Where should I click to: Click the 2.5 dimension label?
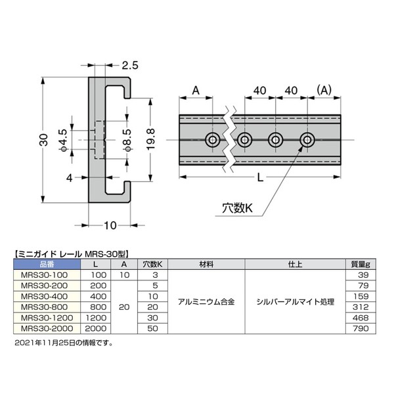pos(130,65)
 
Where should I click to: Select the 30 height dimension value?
pos(43,140)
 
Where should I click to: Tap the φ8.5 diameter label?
pos(127,141)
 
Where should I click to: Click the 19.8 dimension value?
pos(150,139)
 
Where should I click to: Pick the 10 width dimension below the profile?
pos(110,225)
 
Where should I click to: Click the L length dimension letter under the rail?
pos(260,178)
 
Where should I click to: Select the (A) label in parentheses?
pos(324,90)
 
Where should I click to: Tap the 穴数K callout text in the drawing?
pos(237,208)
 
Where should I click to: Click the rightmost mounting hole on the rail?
pos(307,139)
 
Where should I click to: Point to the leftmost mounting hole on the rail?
pos(213,139)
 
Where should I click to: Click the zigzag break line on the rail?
pos(230,140)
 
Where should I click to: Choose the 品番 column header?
pos(47,265)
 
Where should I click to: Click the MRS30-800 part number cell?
pos(44,307)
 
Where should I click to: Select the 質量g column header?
pos(361,265)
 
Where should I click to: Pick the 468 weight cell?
pos(361,318)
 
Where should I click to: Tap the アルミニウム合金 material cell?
pos(206,301)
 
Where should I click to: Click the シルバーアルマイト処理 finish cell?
pos(295,301)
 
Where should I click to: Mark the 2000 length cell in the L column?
pos(96,328)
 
